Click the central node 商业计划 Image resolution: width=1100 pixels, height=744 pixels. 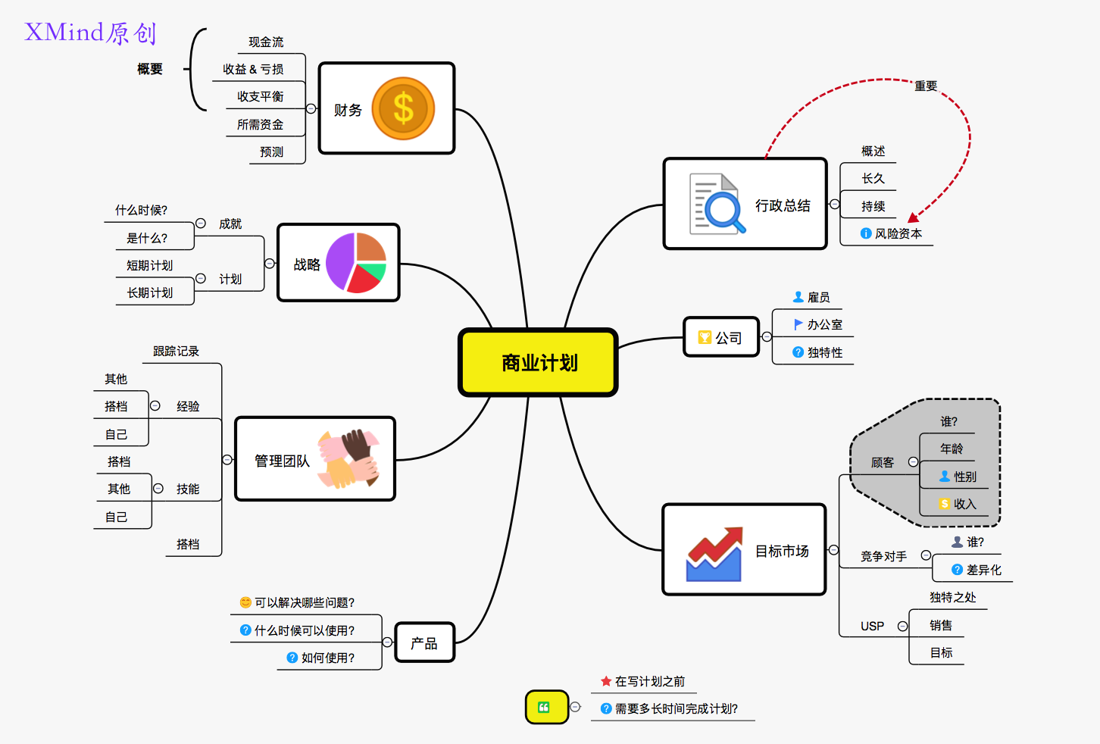click(539, 363)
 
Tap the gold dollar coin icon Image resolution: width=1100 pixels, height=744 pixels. click(403, 108)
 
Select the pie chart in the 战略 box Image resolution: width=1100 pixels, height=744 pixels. click(356, 263)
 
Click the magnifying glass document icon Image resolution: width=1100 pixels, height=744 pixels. click(715, 204)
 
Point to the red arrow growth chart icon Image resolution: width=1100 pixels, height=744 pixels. click(714, 555)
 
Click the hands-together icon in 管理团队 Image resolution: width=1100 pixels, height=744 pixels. click(348, 458)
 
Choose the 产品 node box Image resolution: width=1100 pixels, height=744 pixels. click(424, 643)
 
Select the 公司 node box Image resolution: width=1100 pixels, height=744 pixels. click(721, 337)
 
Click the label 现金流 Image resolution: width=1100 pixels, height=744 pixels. click(266, 42)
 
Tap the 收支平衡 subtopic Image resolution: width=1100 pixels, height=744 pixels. click(260, 97)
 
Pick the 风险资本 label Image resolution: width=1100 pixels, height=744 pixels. click(898, 234)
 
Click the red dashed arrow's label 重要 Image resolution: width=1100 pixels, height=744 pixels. click(926, 86)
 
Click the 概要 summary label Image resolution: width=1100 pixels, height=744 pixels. click(150, 70)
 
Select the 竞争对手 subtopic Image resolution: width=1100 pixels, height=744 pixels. click(883, 557)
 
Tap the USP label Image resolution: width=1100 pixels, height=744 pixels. click(872, 627)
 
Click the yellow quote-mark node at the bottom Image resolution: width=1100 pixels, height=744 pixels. click(546, 707)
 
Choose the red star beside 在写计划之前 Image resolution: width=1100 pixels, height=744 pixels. click(606, 682)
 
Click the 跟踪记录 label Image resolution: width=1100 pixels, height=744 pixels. click(176, 352)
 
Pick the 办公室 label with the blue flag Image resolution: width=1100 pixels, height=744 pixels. click(824, 325)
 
